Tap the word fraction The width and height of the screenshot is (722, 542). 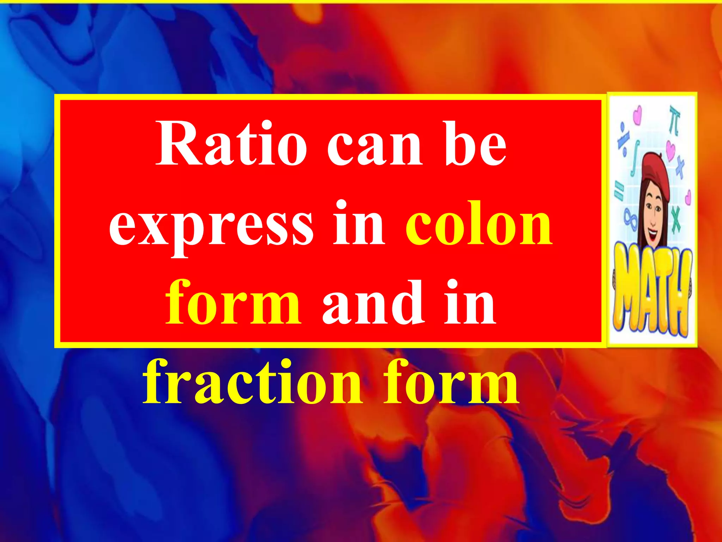pyautogui.click(x=252, y=383)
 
